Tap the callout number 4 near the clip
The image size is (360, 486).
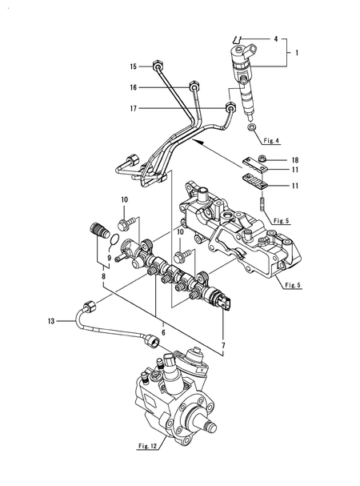coord(276,38)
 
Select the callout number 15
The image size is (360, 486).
coord(134,66)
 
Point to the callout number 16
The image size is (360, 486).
coord(134,86)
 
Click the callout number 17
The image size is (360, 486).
coord(134,108)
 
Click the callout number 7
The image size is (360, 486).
coord(224,346)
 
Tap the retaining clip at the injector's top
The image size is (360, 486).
coord(238,39)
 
